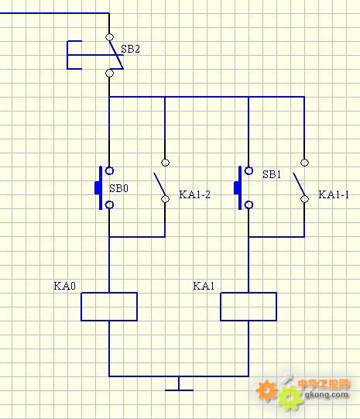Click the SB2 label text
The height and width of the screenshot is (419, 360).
click(130, 49)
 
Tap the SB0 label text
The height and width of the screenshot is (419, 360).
click(119, 188)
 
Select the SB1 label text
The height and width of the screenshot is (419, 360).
click(272, 174)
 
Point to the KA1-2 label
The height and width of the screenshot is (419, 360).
click(194, 194)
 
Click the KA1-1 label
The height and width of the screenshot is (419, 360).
click(334, 194)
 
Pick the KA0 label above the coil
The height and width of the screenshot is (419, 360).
click(64, 286)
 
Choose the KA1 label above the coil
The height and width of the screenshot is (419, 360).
click(204, 286)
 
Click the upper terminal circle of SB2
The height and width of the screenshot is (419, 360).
click(109, 37)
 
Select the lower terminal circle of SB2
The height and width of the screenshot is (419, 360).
click(109, 73)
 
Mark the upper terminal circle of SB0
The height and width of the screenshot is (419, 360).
click(109, 170)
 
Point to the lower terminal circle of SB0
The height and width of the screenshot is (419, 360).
click(109, 205)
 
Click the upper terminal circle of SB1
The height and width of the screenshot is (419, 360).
click(249, 170)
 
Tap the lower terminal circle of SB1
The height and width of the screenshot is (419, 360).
click(249, 205)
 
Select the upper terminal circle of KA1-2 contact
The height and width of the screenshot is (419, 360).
click(166, 163)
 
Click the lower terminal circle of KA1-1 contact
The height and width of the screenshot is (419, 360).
click(304, 199)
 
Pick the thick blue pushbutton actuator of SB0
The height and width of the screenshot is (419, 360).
click(99, 188)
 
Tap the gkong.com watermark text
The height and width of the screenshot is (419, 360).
click(327, 394)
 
